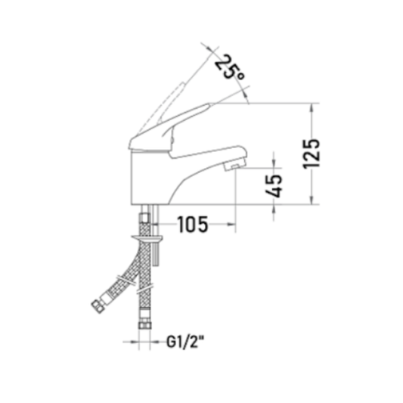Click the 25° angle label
pos(230,67)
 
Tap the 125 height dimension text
pos(312,154)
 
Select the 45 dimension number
pos(274,186)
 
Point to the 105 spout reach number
pos(193,225)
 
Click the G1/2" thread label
pos(185,342)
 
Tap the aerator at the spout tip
pos(233,165)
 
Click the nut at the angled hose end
pos(97,306)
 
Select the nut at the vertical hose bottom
pos(145,324)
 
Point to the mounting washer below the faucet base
pos(147,238)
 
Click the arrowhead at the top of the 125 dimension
pos(312,108)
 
